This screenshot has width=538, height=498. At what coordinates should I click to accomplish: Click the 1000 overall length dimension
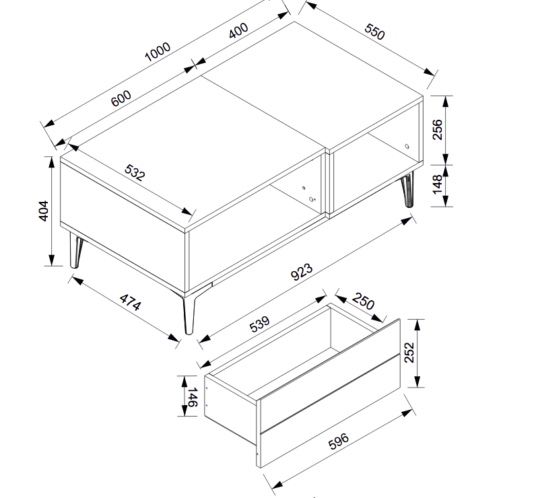[x=158, y=52]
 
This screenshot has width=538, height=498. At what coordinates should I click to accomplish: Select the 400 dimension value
[x=238, y=30]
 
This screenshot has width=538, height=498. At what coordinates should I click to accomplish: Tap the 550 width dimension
[x=374, y=32]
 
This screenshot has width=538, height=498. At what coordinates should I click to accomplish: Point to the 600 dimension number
[x=121, y=98]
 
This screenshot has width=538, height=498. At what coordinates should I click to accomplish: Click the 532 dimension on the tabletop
[x=135, y=172]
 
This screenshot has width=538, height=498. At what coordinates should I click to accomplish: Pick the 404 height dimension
[x=44, y=211]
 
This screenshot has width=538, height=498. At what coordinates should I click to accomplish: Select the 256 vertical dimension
[x=437, y=130]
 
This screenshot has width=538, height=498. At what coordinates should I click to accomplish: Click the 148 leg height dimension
[x=438, y=184]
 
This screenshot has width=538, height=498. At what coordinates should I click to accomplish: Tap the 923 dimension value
[x=302, y=272]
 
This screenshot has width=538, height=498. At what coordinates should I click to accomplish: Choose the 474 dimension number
[x=130, y=302]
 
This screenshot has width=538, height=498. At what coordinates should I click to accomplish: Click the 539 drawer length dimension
[x=260, y=324]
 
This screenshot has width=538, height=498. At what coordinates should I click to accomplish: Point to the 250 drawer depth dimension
[x=363, y=301]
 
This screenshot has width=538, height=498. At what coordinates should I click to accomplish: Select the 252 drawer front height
[x=409, y=353]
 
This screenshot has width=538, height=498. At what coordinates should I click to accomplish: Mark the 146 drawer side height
[x=193, y=397]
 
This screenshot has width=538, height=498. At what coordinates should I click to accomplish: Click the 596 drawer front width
[x=339, y=441]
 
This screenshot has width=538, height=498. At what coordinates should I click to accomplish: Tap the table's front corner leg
[x=189, y=314]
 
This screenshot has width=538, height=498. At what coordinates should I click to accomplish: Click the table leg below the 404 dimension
[x=75, y=250]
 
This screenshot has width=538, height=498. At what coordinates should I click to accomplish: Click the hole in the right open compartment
[x=407, y=147]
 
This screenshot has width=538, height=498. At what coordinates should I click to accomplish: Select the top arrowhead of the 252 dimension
[x=417, y=324]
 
